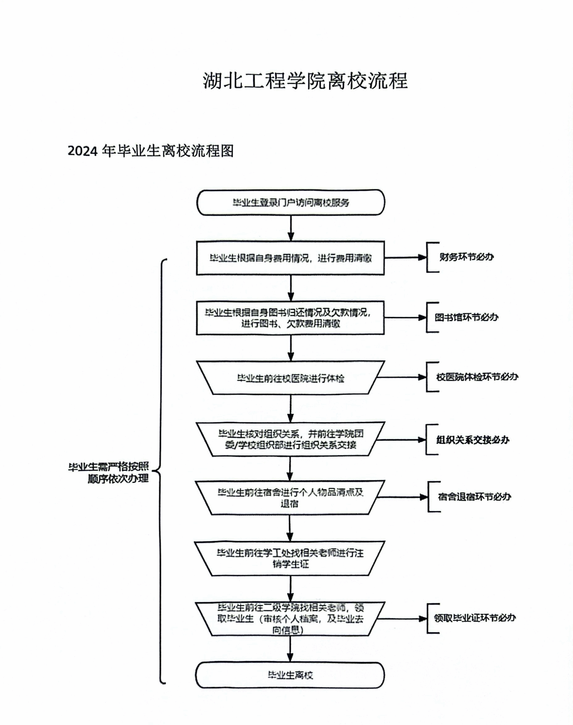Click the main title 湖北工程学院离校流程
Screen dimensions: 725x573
305,81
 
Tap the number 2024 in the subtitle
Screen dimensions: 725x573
82,151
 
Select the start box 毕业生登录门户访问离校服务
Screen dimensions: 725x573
291,202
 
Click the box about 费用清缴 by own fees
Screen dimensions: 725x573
291,258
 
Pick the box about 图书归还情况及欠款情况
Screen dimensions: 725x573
291,318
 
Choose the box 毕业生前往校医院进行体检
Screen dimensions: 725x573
291,378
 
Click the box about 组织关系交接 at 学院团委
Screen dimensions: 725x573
291,439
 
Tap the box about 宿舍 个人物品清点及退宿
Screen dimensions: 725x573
291,498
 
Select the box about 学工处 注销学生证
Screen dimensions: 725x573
291,558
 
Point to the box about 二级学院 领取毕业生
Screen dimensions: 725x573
291,619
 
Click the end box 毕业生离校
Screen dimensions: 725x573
291,675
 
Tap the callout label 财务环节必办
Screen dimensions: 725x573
466,257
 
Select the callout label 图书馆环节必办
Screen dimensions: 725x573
466,317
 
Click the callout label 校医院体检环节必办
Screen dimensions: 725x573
477,377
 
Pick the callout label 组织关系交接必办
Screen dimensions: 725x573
473,440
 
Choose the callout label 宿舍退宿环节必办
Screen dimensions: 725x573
474,497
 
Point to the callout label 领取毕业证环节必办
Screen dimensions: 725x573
475,618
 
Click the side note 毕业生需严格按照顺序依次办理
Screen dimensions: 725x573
109,473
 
